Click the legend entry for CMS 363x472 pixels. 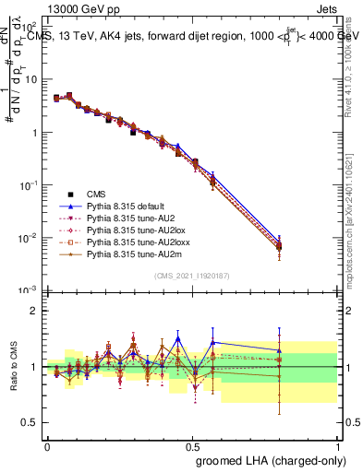pos(96,194)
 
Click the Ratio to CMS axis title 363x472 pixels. pos(13,366)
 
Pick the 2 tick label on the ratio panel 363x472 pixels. pos(34,311)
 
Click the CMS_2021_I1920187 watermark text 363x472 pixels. pos(192,275)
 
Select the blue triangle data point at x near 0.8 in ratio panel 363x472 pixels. pos(280,350)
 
